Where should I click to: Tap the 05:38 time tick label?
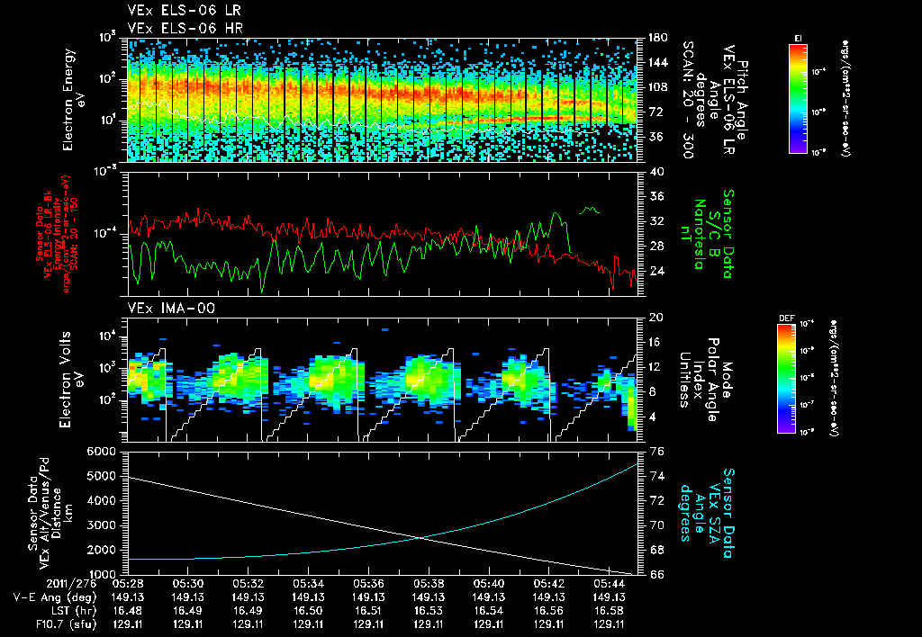point(428,583)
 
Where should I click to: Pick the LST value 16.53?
point(428,610)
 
